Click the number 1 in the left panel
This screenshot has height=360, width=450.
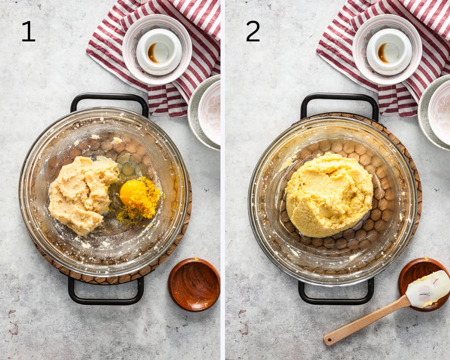(28, 31)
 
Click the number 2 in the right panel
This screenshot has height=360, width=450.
(253, 31)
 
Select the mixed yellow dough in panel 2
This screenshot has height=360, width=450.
(329, 195)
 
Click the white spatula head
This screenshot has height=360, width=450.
(427, 289)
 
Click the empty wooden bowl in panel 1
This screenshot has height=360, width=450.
(194, 284)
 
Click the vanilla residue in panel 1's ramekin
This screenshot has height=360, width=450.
(152, 53)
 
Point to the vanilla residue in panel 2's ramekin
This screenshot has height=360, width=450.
(382, 53)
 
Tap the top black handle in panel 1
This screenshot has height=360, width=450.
(109, 99)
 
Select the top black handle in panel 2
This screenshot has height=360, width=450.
(339, 99)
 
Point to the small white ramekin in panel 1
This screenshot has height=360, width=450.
(159, 52)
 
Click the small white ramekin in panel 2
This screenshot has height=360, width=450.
(389, 52)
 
